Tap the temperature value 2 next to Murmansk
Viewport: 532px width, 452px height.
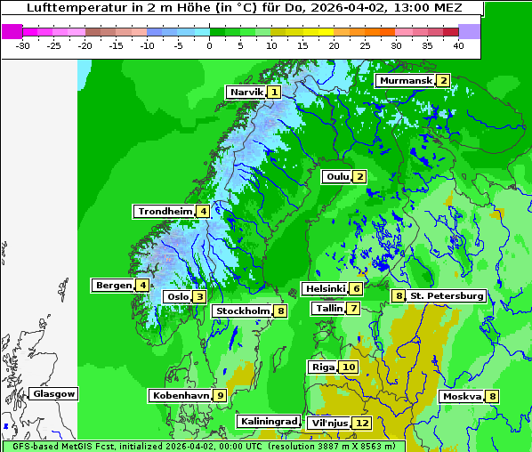click(442, 80)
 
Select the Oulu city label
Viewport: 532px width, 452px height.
click(337, 176)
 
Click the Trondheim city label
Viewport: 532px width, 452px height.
click(165, 211)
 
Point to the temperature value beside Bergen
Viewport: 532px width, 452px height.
click(142, 285)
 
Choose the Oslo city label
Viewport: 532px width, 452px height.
click(177, 296)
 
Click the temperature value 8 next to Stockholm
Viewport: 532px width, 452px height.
click(280, 311)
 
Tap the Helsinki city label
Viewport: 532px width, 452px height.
click(325, 288)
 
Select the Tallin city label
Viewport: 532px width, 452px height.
click(329, 308)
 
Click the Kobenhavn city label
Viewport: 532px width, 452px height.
click(181, 394)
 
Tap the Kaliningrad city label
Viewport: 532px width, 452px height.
click(268, 421)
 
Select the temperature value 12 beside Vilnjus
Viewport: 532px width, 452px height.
click(361, 423)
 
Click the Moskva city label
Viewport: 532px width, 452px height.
click(463, 396)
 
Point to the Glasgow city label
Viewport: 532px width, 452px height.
click(54, 393)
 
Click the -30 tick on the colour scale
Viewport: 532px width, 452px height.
click(23, 44)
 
